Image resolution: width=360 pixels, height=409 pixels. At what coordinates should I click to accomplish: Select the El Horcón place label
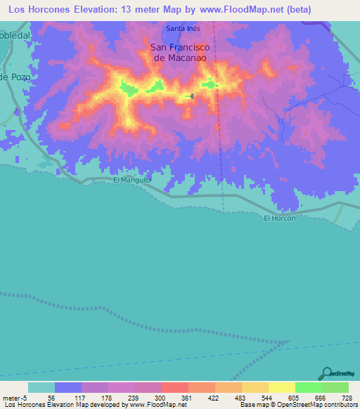tap(278, 219)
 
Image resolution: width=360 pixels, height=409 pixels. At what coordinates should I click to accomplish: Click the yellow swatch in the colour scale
tap(282, 387)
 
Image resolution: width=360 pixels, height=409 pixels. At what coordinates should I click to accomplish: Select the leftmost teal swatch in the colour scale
tap(41, 387)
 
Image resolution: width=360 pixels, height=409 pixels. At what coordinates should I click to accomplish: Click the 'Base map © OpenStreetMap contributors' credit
tap(298, 404)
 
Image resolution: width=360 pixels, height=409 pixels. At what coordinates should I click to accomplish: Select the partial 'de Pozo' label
tap(13, 77)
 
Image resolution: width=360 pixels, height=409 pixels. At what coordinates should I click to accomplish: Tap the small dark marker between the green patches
tap(191, 96)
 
